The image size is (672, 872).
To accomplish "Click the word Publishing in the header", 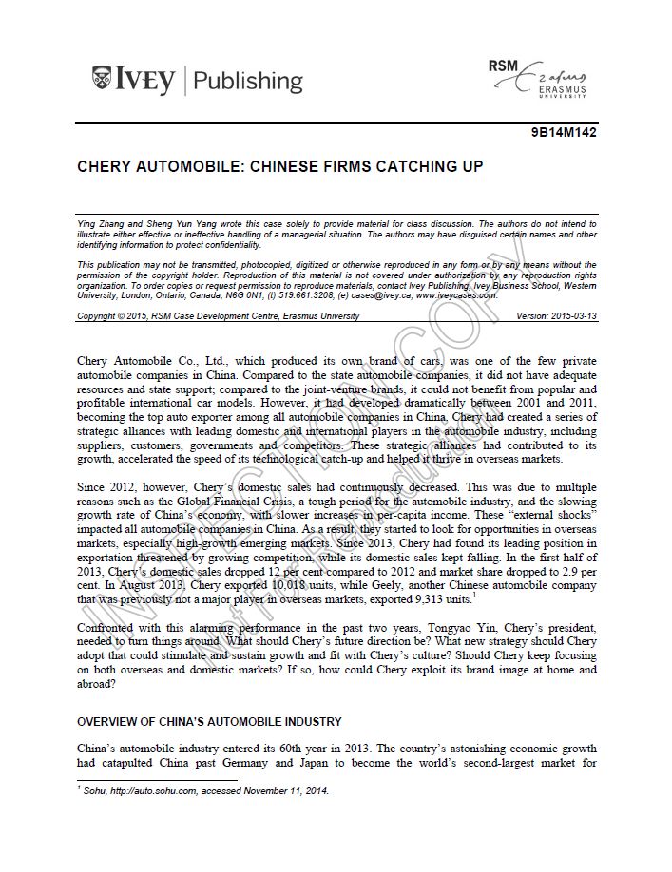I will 248,80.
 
